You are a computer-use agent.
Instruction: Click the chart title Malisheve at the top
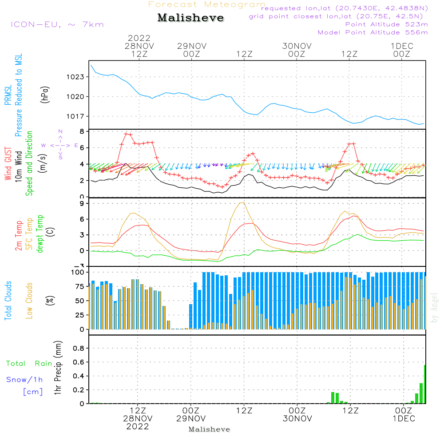pos(190,18)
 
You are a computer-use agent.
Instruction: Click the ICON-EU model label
pos(56,24)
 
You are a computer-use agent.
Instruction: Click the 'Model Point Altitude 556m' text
pos(373,32)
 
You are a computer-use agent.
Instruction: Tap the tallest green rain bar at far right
pos(425,384)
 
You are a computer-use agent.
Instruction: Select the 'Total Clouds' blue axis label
pos(8,301)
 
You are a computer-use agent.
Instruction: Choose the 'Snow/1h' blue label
pos(25,380)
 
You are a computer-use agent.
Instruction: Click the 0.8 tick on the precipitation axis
pos(79,348)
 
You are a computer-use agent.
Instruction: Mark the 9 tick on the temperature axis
pos(81,203)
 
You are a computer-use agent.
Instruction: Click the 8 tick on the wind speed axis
pos(81,131)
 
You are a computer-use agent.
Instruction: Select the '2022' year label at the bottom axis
pos(138,427)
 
